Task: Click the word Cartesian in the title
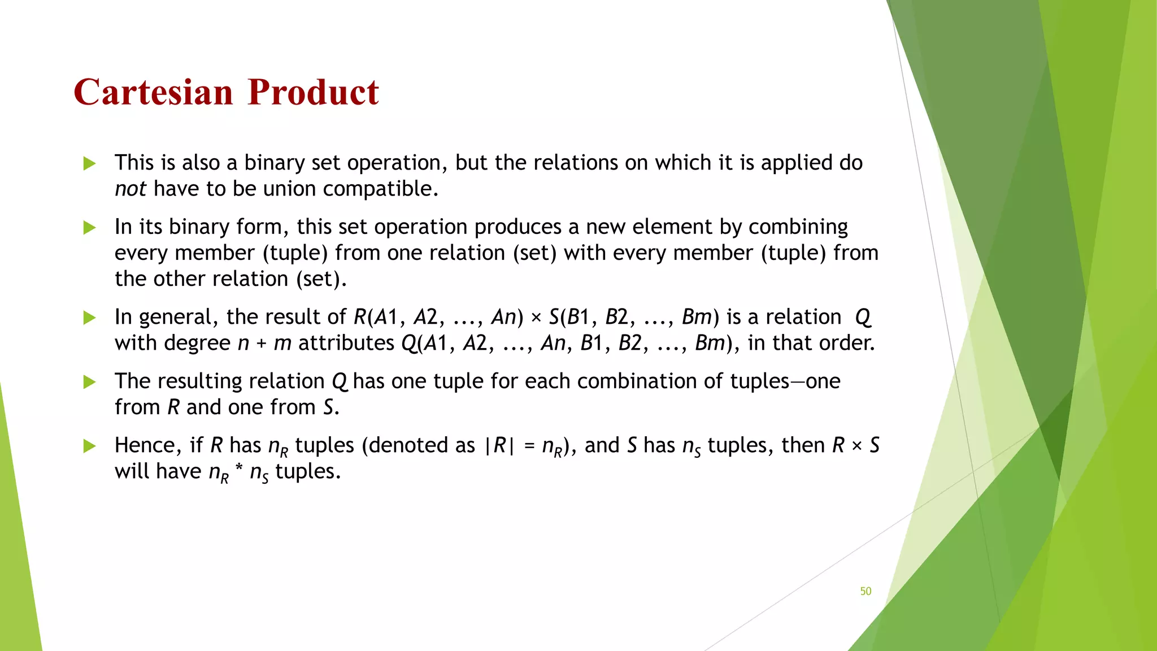(x=153, y=92)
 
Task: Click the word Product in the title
(x=313, y=92)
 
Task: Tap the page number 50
(x=865, y=591)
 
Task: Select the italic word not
(x=131, y=189)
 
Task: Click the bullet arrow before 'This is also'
(x=89, y=164)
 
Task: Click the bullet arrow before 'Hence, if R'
(x=89, y=446)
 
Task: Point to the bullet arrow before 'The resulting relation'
(x=89, y=382)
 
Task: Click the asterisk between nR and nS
(x=239, y=470)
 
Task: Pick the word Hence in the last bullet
(x=147, y=445)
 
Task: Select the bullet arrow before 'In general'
(x=89, y=318)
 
